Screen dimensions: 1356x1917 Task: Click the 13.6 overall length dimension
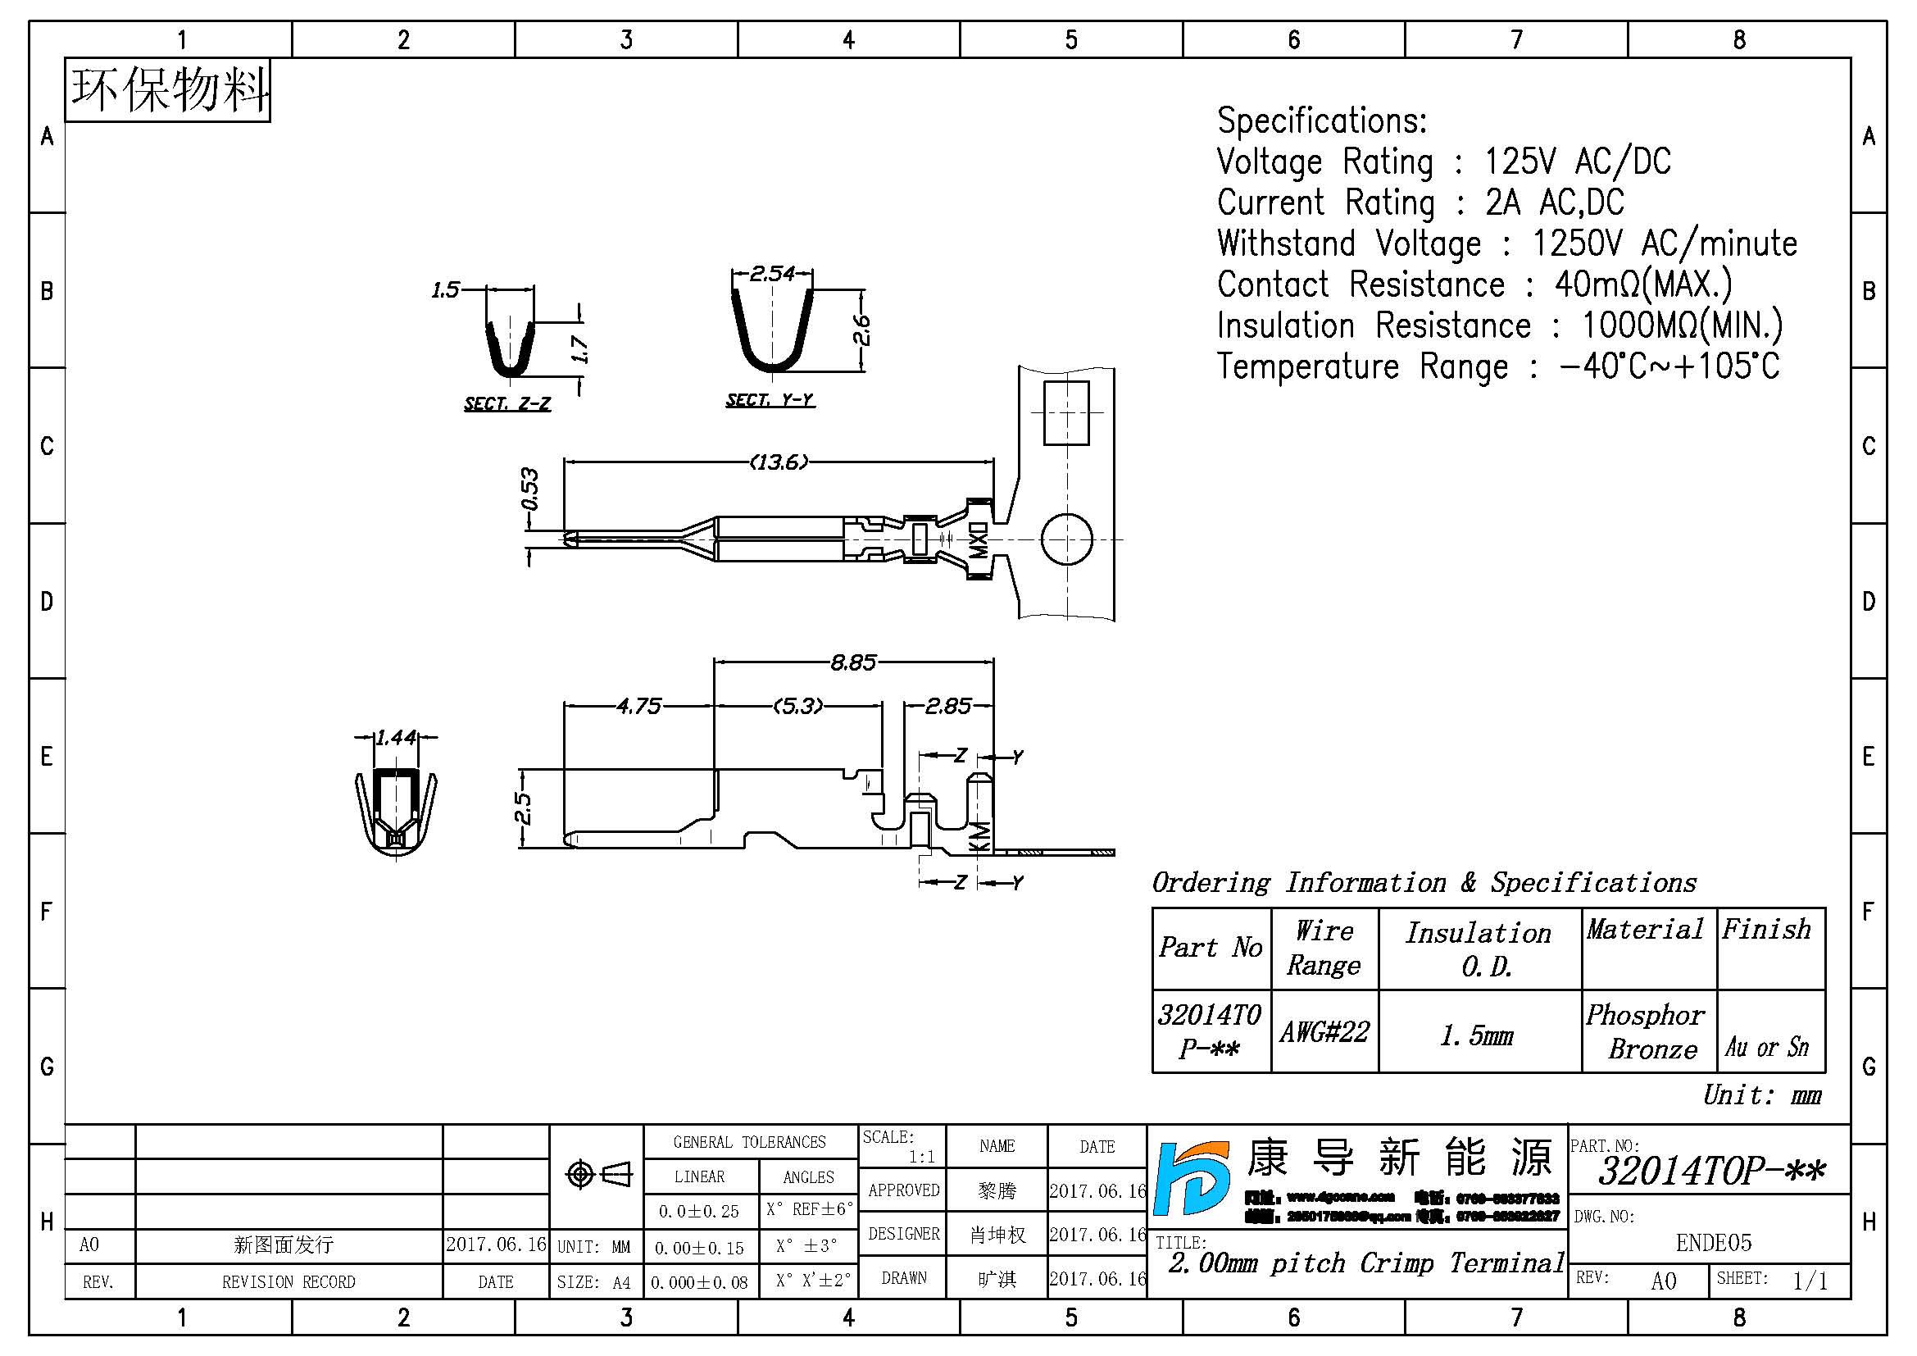point(778,462)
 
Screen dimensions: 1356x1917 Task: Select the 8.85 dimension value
point(852,663)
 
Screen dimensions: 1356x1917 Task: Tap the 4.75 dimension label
point(638,707)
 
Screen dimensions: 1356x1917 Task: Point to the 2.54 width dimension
point(772,273)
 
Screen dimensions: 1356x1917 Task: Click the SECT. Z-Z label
point(507,404)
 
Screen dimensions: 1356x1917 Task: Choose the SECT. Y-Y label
point(769,400)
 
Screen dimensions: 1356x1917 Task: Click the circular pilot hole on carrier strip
point(1066,539)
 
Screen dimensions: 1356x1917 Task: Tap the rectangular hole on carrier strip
point(1066,412)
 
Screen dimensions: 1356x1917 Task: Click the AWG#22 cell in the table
point(1324,1032)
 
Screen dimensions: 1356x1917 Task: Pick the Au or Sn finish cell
point(1768,1046)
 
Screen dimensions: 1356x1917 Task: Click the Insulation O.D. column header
point(1479,949)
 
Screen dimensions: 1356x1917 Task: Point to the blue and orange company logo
point(1192,1177)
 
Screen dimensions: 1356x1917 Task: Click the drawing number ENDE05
point(1713,1242)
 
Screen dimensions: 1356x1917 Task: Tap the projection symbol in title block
point(598,1174)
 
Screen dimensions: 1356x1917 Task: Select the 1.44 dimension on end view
point(396,737)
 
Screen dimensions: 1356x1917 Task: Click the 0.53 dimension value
point(529,489)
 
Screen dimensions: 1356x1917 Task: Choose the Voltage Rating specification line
point(1443,162)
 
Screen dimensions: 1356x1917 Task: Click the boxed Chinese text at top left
point(169,90)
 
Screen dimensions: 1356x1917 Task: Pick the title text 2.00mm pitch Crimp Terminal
point(1366,1263)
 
